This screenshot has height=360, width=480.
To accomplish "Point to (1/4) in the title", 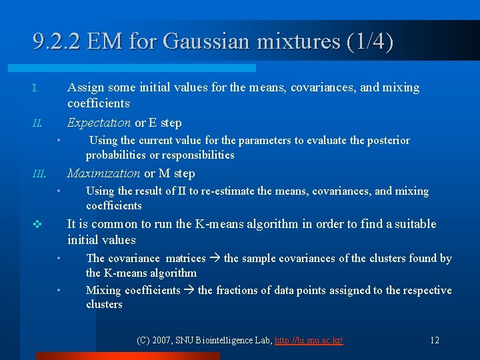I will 370,42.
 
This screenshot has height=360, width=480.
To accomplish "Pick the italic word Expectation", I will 99,123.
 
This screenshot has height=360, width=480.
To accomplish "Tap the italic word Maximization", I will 103,173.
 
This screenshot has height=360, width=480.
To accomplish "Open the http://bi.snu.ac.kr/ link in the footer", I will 309,341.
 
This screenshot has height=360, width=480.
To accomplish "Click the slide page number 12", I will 434,341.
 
